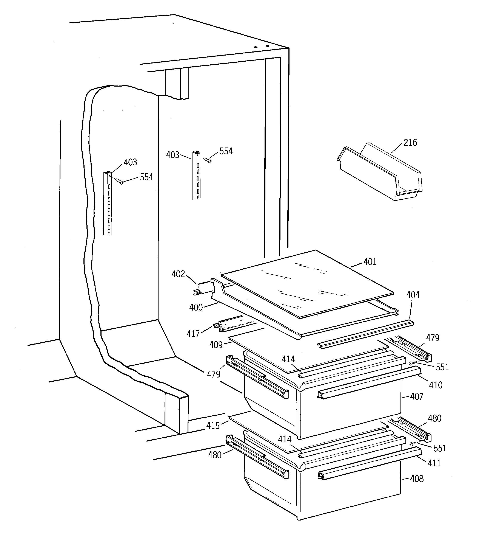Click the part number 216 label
410,143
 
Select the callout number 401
370,262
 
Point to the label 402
178,274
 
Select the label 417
193,334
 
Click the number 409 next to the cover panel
216,345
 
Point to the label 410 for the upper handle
436,385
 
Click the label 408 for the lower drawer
417,479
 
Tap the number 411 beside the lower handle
434,463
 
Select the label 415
213,426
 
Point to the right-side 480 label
434,418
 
